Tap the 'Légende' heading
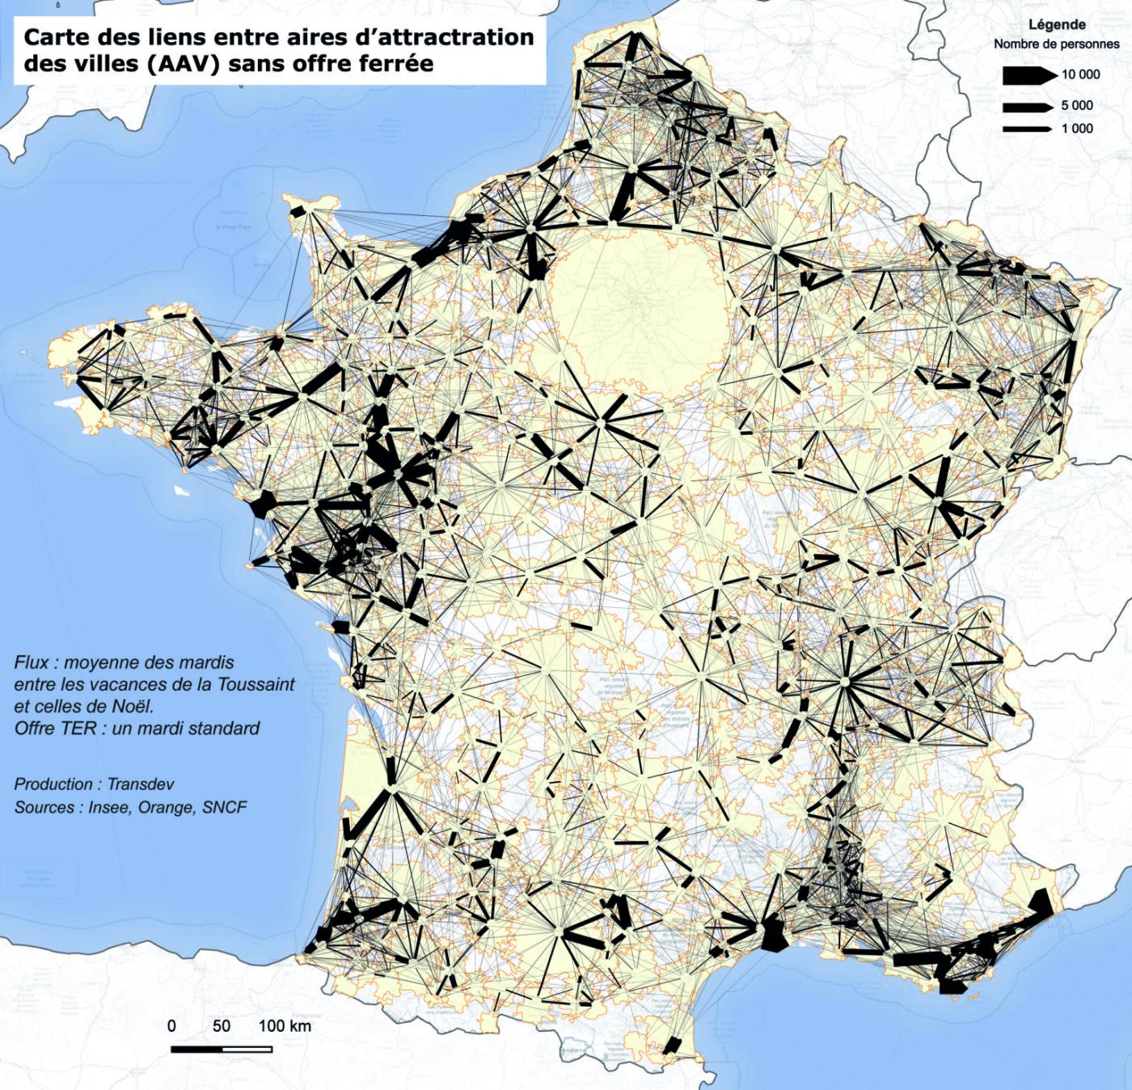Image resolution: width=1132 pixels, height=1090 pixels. pyautogui.click(x=1056, y=25)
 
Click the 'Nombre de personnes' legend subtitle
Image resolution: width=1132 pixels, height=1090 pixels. pyautogui.click(x=1056, y=44)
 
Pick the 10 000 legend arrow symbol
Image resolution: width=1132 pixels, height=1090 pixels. pyautogui.click(x=1029, y=75)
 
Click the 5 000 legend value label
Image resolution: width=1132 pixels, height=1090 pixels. pyautogui.click(x=1076, y=105)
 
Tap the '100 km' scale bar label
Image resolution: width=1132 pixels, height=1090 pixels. pyautogui.click(x=285, y=1025)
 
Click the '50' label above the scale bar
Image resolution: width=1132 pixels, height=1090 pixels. pyautogui.click(x=221, y=1025)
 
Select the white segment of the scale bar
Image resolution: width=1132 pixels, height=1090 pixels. pyautogui.click(x=247, y=1049)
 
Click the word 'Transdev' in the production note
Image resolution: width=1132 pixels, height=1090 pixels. pyautogui.click(x=140, y=784)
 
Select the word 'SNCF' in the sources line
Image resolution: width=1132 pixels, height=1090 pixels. pyautogui.click(x=225, y=807)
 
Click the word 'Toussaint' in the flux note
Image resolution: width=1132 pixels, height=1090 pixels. pyautogui.click(x=256, y=684)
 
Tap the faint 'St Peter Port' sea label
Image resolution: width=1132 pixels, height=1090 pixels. pyautogui.click(x=233, y=227)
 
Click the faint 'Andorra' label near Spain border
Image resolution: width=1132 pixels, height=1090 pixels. pyautogui.click(x=575, y=1051)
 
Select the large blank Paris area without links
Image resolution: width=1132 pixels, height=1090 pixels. pyautogui.click(x=639, y=307)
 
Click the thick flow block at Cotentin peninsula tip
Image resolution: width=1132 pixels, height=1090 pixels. pyautogui.click(x=298, y=211)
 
